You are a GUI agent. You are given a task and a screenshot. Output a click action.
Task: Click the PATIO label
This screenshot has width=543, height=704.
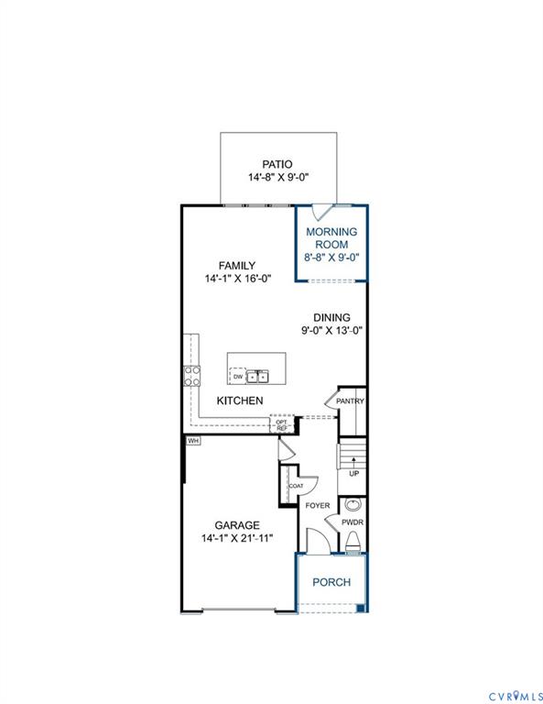pyautogui.click(x=278, y=164)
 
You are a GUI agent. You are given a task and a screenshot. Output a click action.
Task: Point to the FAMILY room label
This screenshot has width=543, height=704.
pyautogui.click(x=236, y=266)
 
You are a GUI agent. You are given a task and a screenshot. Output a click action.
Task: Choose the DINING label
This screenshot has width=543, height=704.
pyautogui.click(x=331, y=317)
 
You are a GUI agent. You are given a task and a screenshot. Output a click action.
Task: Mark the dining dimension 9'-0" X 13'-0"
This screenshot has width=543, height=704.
pyautogui.click(x=331, y=331)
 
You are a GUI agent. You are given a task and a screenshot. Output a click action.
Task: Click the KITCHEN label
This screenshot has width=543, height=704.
pyautogui.click(x=240, y=401)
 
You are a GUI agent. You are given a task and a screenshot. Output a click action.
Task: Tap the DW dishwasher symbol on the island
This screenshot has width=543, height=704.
pyautogui.click(x=238, y=376)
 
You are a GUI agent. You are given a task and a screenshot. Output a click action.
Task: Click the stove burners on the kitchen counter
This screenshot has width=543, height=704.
pyautogui.click(x=193, y=375)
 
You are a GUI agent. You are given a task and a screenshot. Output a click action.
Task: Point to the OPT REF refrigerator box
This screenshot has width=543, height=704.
pyautogui.click(x=282, y=424)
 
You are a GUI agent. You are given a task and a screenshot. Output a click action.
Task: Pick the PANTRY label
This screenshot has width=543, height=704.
pyautogui.click(x=350, y=401)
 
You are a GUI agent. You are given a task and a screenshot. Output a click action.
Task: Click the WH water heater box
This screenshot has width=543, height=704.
pyautogui.click(x=192, y=441)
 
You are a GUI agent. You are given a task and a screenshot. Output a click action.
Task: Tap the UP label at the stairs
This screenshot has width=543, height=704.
pyautogui.click(x=353, y=473)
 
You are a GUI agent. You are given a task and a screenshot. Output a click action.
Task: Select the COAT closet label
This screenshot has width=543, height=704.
pyautogui.click(x=296, y=486)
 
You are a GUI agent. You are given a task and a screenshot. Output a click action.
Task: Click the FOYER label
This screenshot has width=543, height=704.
pyautogui.click(x=317, y=505)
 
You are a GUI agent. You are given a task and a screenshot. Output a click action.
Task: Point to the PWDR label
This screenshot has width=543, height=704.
pyautogui.click(x=353, y=522)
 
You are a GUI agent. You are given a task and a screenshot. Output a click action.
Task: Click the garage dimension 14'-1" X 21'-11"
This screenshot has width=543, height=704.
pyautogui.click(x=237, y=538)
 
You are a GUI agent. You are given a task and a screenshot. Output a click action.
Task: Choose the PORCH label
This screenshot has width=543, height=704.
pyautogui.click(x=331, y=581)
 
